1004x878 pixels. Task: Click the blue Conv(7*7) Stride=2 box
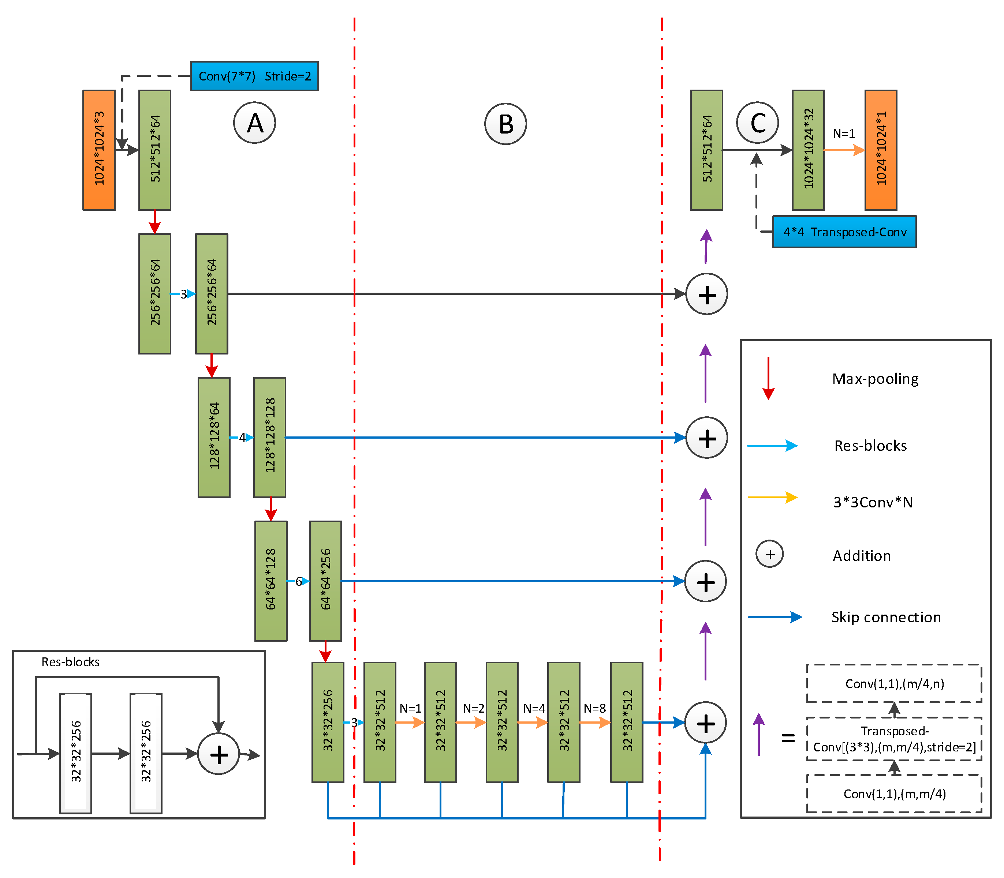click(254, 76)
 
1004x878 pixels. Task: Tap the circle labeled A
click(254, 123)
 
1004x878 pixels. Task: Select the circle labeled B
click(505, 124)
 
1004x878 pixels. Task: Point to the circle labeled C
click(757, 123)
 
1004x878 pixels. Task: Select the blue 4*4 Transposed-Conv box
click(844, 232)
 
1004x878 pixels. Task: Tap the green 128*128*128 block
click(270, 437)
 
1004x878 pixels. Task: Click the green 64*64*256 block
click(325, 581)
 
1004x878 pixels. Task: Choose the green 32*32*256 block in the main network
click(328, 722)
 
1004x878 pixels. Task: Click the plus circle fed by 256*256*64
click(706, 294)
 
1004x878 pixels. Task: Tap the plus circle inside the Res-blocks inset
click(218, 754)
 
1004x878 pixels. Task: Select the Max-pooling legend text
click(875, 379)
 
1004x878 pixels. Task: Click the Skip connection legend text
click(886, 617)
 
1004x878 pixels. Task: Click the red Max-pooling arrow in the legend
click(768, 378)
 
